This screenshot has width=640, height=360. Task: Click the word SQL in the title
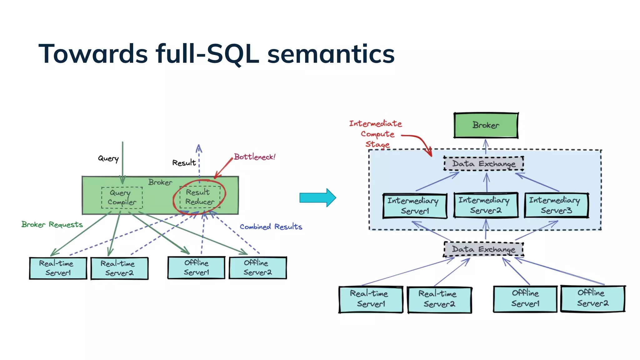[x=233, y=54]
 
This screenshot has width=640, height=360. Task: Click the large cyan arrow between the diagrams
[x=317, y=197]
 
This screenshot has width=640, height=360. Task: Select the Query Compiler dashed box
[x=122, y=197]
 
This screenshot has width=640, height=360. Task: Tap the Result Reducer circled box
[x=200, y=197]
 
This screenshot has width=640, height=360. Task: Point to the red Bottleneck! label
[x=255, y=157]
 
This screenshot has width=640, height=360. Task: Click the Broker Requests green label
[x=52, y=224]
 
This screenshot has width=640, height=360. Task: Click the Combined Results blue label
[x=271, y=227]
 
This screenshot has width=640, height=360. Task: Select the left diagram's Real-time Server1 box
[x=58, y=268]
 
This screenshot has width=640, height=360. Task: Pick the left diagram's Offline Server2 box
[x=257, y=267]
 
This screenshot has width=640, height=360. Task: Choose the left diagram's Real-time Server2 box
[x=119, y=268]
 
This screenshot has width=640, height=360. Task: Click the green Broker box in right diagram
[x=486, y=125]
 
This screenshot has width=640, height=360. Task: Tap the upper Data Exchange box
[x=483, y=164]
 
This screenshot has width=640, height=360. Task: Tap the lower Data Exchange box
[x=483, y=249]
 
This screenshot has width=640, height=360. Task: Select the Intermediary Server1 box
[x=415, y=206]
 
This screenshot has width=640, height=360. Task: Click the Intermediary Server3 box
[x=556, y=205]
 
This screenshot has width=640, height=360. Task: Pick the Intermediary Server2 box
[x=486, y=205]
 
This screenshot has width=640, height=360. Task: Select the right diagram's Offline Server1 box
[x=525, y=298]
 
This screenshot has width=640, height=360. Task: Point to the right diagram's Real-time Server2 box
[x=439, y=299]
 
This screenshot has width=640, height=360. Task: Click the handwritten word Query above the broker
[x=108, y=158]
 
